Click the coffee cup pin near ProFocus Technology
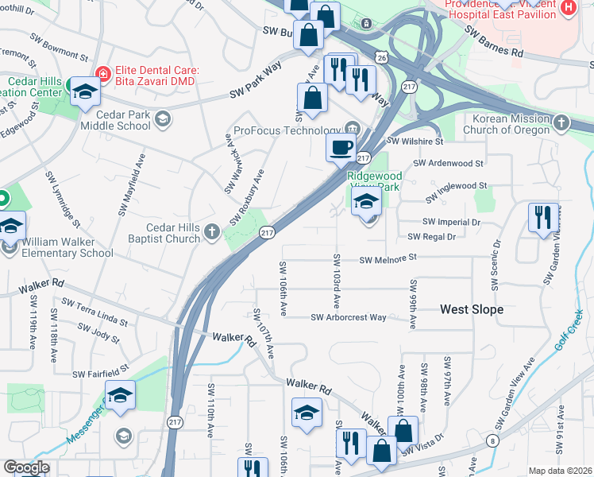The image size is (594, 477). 341,147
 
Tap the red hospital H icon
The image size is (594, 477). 568,8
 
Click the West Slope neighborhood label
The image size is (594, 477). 472,309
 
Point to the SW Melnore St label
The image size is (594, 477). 388,259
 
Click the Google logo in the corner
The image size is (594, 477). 25,467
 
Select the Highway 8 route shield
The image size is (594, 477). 494,440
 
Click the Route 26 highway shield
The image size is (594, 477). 383,58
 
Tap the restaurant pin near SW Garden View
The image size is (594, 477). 542,217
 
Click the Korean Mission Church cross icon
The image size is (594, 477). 562,122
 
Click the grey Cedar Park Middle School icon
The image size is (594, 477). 163,119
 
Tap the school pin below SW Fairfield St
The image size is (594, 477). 120,395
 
